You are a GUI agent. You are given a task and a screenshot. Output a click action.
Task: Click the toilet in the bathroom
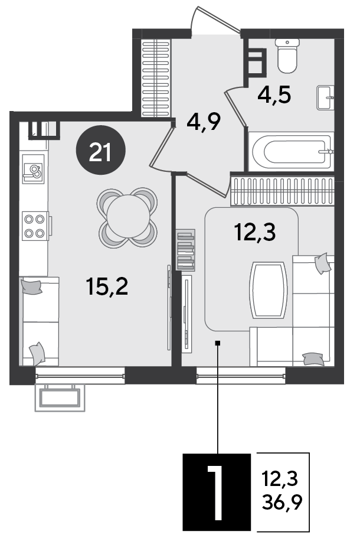[287, 56]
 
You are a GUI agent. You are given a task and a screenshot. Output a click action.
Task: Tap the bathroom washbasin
[325, 97]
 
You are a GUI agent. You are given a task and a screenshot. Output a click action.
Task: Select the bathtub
[291, 152]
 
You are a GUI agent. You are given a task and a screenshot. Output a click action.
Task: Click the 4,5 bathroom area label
[274, 94]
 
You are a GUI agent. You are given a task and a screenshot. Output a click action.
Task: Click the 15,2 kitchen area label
[107, 286]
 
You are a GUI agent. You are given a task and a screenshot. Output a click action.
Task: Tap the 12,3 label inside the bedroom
[256, 233]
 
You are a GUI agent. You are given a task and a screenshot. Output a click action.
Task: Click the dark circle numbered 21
[100, 152]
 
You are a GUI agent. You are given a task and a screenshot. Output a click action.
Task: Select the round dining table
[128, 217]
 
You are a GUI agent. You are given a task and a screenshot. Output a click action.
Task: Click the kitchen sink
[33, 169]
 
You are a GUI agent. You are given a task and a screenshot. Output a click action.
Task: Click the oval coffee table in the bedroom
[268, 291]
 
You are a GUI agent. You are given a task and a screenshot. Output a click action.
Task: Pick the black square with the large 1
[217, 492]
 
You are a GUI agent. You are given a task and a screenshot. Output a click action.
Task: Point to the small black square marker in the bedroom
[218, 343]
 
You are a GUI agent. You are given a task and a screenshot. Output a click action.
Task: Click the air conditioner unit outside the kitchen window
[60, 398]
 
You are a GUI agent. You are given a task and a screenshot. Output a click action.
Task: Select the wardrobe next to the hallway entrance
[156, 78]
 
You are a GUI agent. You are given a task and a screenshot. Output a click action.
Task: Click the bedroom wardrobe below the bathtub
[283, 191]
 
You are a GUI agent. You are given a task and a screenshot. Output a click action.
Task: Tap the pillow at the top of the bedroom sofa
[322, 263]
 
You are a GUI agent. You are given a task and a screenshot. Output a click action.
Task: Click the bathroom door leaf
[236, 107]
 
